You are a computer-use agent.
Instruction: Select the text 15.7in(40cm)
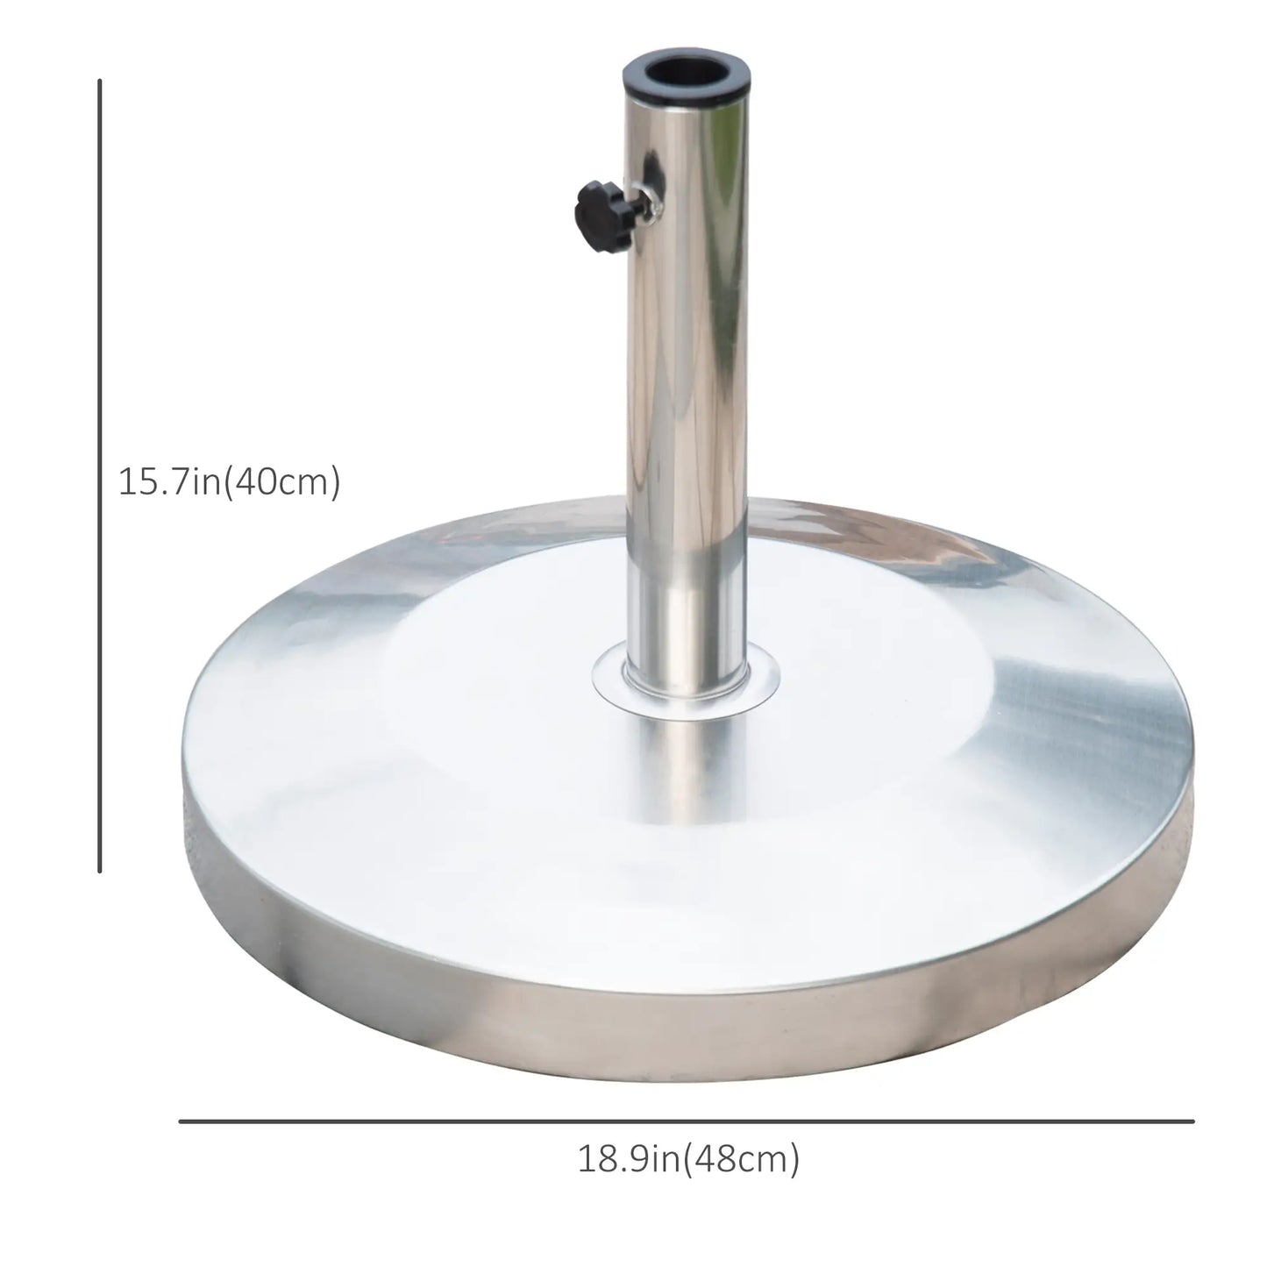230,481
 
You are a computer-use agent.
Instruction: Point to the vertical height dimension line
100,473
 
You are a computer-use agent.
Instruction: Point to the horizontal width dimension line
687,1121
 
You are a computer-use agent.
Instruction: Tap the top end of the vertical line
100,81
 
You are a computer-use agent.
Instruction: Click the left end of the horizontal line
181,1121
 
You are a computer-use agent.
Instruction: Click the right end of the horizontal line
1192,1121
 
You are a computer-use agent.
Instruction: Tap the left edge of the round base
184,824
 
